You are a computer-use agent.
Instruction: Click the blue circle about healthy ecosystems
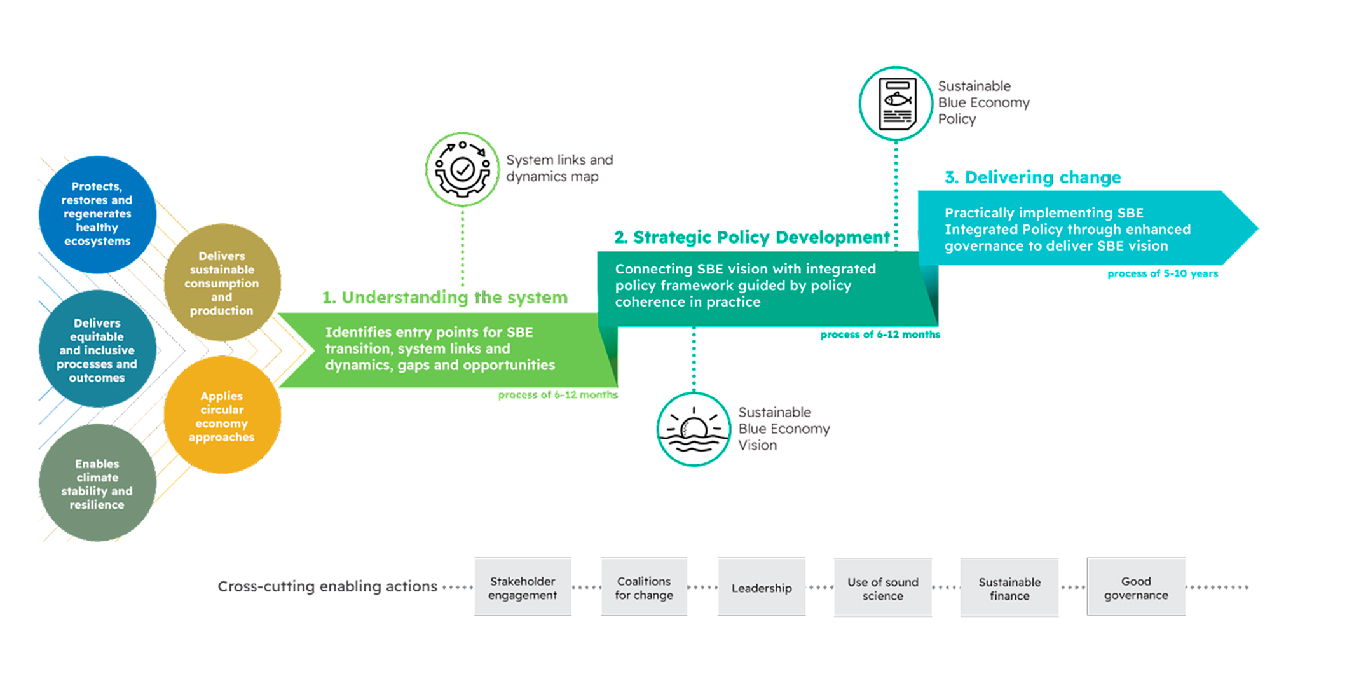click(97, 214)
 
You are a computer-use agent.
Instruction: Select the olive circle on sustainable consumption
click(222, 282)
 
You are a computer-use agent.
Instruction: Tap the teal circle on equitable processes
click(97, 349)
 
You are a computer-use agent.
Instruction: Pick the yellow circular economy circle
click(222, 415)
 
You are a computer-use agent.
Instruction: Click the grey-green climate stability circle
click(97, 483)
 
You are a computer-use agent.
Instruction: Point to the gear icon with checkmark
click(462, 170)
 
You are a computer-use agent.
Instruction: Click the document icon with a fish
click(896, 103)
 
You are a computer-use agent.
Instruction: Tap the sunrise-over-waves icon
click(694, 429)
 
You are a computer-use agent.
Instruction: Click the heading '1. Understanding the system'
click(444, 297)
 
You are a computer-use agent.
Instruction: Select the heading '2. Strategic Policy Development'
click(751, 237)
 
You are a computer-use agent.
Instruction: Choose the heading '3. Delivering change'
click(1032, 177)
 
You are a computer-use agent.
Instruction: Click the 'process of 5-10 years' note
click(1162, 273)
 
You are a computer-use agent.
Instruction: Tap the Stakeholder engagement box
click(523, 588)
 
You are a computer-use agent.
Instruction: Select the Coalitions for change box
click(644, 588)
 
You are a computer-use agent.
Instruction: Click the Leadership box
click(762, 588)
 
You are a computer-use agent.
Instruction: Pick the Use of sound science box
click(882, 588)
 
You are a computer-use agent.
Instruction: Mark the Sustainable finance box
click(1009, 588)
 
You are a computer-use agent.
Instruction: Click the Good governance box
click(1136, 588)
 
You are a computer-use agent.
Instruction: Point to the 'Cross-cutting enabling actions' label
click(327, 586)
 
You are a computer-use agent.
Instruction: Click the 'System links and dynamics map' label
click(559, 168)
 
